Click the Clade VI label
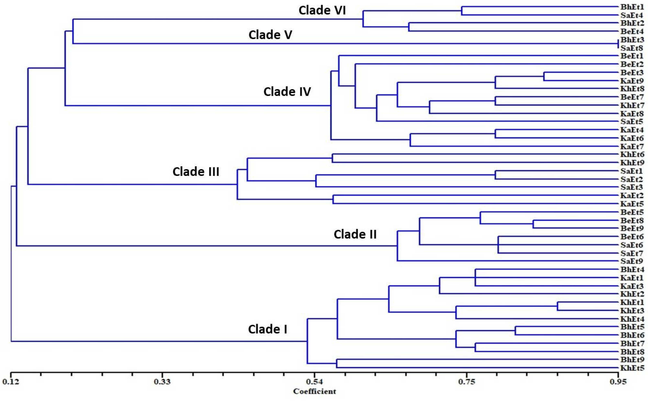click(322, 11)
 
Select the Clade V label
click(270, 35)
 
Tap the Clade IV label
click(287, 92)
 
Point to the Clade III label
click(196, 172)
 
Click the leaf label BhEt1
click(632, 7)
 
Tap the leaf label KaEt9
click(632, 81)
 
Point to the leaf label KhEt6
click(632, 155)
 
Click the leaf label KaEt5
click(632, 204)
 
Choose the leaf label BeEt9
click(632, 228)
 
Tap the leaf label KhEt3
click(632, 311)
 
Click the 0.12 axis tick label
click(11, 382)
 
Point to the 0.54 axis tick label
click(315, 382)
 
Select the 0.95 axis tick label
click(618, 382)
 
